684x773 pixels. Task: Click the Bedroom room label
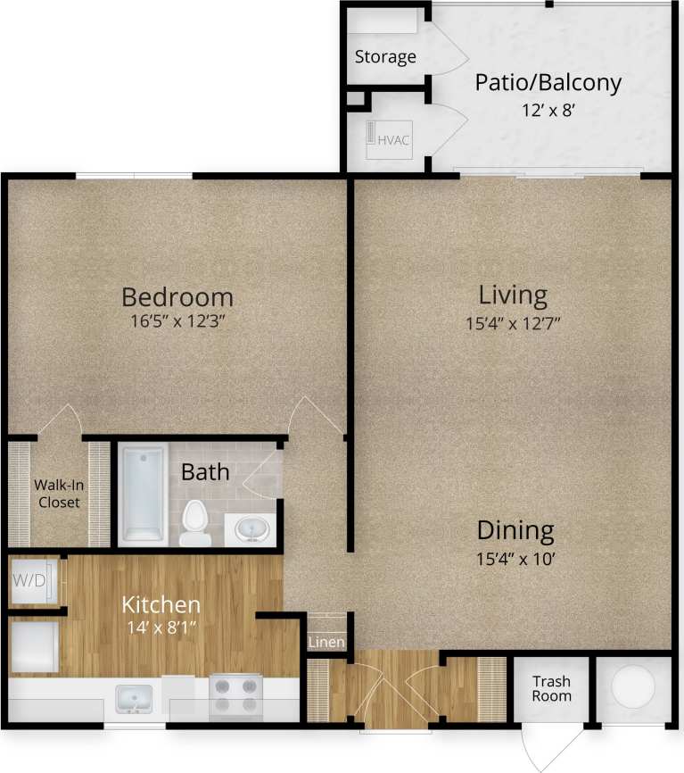[x=177, y=296]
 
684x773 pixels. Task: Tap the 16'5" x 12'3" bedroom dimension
[x=177, y=320]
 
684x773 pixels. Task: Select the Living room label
[x=513, y=294]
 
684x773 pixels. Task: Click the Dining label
[x=515, y=530]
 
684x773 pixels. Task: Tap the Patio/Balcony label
[x=548, y=83]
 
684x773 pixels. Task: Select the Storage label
[x=385, y=57]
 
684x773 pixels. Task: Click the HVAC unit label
[x=393, y=140]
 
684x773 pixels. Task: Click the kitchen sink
[x=136, y=697]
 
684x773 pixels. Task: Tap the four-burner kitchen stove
[x=235, y=695]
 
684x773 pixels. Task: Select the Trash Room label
[x=551, y=688]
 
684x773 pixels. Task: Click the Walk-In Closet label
[x=57, y=494]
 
